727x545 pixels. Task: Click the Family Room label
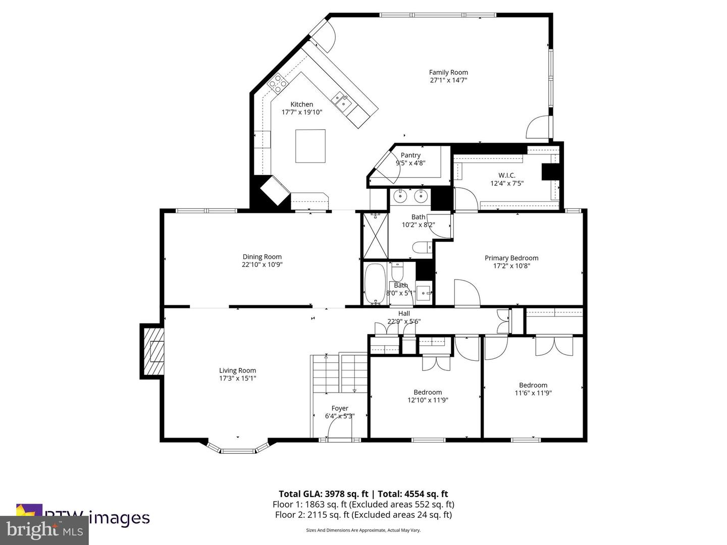pos(448,72)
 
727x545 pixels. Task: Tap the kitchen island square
pos(310,146)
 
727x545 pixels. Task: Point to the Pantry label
pos(410,155)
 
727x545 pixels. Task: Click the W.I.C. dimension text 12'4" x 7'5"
pos(507,183)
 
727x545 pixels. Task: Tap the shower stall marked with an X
pos(375,235)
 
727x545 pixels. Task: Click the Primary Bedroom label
pos(511,258)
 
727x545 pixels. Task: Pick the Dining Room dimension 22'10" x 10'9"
pos(262,264)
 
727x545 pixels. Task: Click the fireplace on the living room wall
pos(152,351)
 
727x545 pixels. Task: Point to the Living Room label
pos(237,370)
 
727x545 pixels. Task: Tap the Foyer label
pos(340,408)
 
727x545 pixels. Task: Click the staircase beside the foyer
pos(339,373)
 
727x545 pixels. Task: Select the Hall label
pos(404,313)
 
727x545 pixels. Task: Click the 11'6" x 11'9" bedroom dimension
pos(533,393)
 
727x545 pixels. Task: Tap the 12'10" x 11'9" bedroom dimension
pos(428,400)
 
